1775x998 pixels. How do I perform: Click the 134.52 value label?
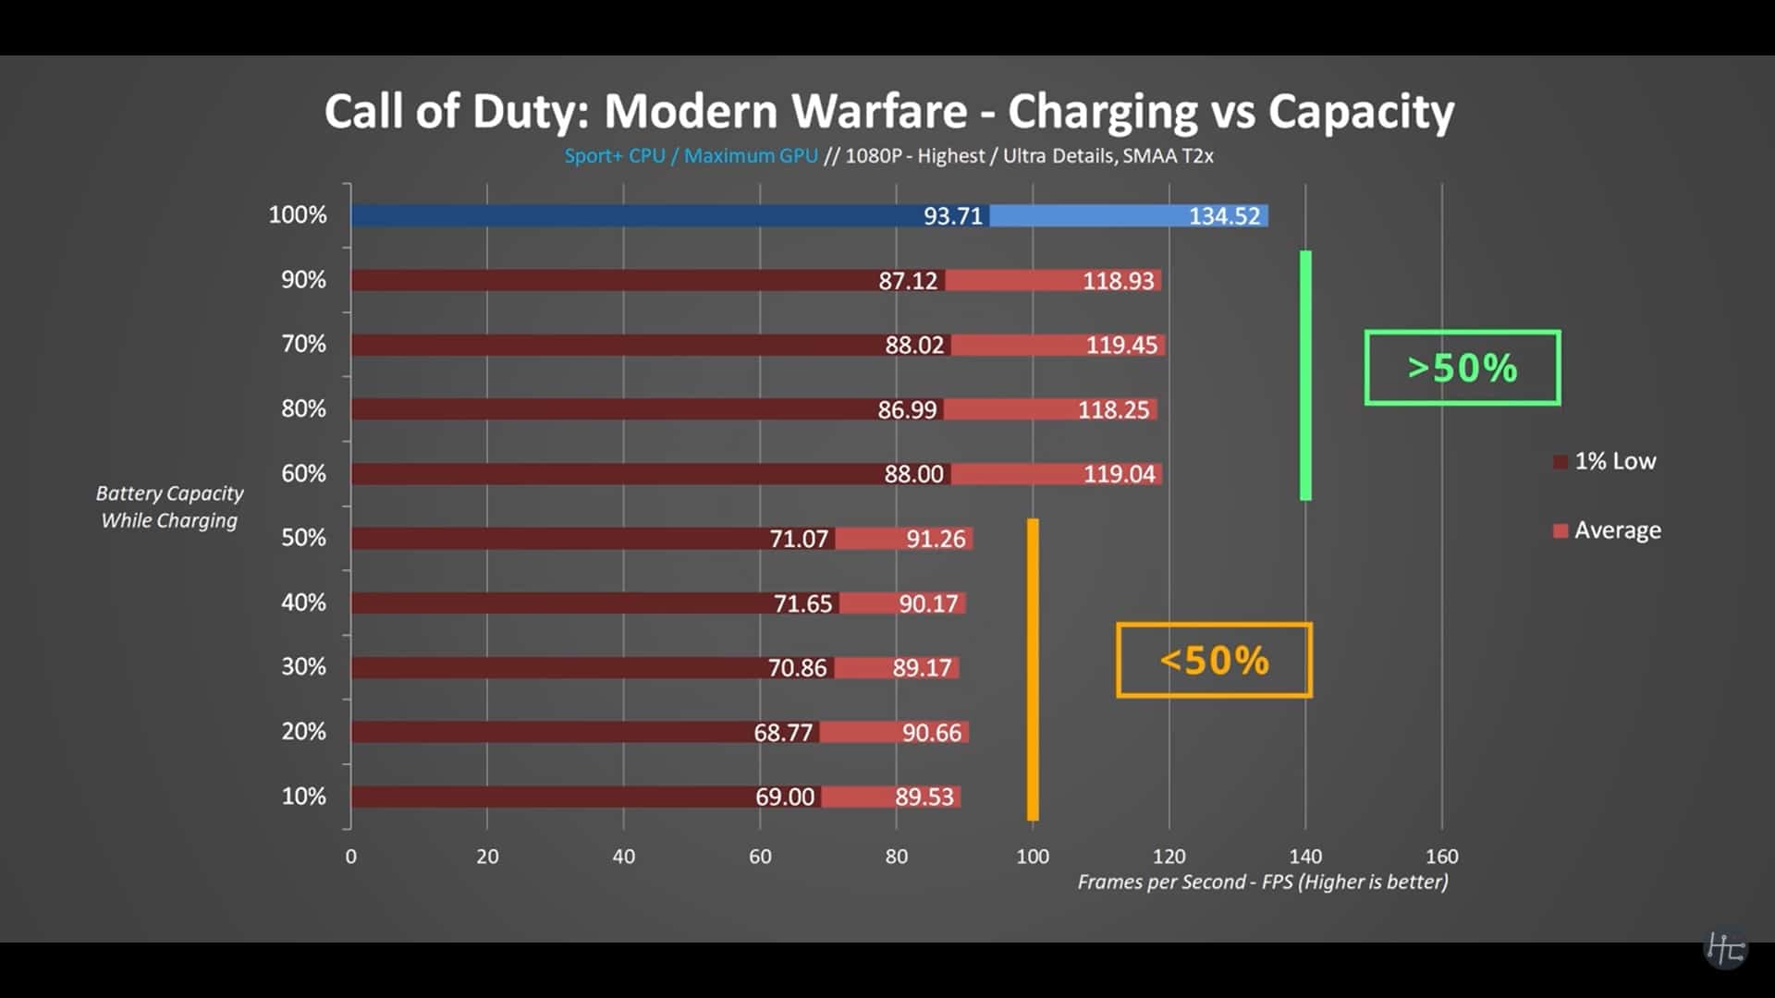(x=1224, y=216)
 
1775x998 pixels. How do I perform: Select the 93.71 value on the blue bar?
(x=952, y=216)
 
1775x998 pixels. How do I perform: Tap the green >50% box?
(x=1462, y=368)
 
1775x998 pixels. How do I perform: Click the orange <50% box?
(x=1214, y=661)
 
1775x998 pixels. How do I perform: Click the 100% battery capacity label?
(x=298, y=215)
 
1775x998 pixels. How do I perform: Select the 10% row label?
(x=303, y=797)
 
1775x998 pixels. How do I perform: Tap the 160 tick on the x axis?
(x=1441, y=857)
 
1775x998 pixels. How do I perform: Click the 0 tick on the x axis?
(x=351, y=857)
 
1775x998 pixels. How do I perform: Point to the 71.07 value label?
(x=799, y=539)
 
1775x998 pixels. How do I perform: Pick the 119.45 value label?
(x=1120, y=346)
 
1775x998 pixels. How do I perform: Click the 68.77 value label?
(x=783, y=733)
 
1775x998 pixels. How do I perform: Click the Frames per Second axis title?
(x=1262, y=882)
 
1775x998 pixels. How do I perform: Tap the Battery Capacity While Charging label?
(x=169, y=507)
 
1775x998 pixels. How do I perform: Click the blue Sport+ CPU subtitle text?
(x=615, y=156)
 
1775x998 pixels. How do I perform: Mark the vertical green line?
(x=1305, y=375)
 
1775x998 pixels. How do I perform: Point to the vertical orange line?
(x=1033, y=669)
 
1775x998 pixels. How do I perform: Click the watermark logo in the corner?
(x=1725, y=948)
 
